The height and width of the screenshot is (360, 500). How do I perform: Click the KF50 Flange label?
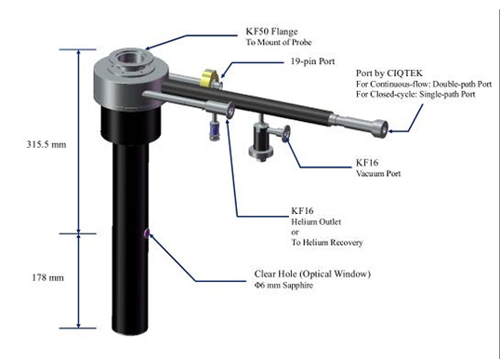pyautogui.click(x=271, y=32)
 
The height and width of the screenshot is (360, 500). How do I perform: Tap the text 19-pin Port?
pyautogui.click(x=312, y=61)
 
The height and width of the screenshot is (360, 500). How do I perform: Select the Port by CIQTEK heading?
pyautogui.click(x=389, y=73)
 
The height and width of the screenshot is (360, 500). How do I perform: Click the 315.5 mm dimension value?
pyautogui.click(x=46, y=144)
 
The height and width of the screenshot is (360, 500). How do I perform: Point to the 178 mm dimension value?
pyautogui.click(x=47, y=277)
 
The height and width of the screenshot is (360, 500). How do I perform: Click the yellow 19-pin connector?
pyautogui.click(x=208, y=77)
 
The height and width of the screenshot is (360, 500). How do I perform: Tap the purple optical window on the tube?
pyautogui.click(x=147, y=233)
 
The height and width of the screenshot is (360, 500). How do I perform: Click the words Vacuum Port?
pyautogui.click(x=378, y=174)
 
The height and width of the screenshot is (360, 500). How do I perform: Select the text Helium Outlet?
pyautogui.click(x=316, y=221)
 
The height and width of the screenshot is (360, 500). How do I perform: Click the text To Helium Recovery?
pyautogui.click(x=327, y=243)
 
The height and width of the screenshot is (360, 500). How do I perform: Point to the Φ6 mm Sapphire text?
pyautogui.click(x=283, y=285)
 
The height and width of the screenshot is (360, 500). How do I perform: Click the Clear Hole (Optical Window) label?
pyautogui.click(x=312, y=273)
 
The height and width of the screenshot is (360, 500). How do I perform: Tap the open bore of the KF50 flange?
pyautogui.click(x=128, y=59)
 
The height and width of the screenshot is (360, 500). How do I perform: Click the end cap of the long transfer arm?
pyautogui.click(x=381, y=128)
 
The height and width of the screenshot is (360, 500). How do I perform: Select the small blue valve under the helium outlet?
pyautogui.click(x=214, y=129)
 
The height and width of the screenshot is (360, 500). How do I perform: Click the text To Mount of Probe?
pyautogui.click(x=279, y=42)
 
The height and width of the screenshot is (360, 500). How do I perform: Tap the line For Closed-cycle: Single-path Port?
pyautogui.click(x=415, y=95)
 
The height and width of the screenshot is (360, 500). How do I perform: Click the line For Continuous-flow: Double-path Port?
pyautogui.click(x=424, y=85)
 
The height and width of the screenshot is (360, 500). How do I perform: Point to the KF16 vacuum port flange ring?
pyautogui.click(x=286, y=133)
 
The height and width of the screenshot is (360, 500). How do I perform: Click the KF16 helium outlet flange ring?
pyautogui.click(x=230, y=110)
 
